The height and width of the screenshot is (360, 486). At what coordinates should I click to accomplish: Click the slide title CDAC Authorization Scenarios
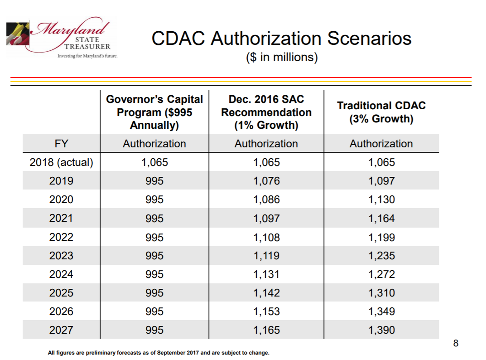point(281,38)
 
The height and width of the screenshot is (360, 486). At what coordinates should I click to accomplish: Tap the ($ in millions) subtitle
point(281,58)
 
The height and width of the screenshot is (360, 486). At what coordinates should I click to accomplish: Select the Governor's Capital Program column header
point(154,112)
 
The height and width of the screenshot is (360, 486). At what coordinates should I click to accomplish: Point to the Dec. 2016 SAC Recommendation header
point(266,112)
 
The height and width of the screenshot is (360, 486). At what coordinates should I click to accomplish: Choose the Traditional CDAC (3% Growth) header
point(381,112)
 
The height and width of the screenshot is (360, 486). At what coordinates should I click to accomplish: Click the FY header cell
point(61,144)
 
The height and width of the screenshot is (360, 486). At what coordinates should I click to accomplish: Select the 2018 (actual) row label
point(61,162)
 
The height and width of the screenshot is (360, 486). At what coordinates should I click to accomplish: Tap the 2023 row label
point(61,256)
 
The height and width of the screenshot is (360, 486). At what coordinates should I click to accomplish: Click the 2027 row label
point(61,330)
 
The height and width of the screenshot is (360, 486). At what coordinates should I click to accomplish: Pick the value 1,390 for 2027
point(381,330)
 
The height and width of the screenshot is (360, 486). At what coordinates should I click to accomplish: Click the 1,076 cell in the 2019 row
point(266,181)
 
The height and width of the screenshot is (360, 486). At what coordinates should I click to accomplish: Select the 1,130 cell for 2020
point(381,199)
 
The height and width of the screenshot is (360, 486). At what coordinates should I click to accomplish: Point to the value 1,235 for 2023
point(381,256)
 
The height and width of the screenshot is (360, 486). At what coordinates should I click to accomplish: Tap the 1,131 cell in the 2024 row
point(266,274)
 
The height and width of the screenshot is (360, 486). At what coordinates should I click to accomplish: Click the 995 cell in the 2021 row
point(154,219)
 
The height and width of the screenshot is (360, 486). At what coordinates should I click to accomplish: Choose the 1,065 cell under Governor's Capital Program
point(154,162)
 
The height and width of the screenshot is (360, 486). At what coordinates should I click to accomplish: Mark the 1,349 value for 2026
point(381,311)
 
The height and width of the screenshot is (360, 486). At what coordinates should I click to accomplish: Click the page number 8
point(456,343)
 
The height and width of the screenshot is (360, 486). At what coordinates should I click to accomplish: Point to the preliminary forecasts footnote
point(159,353)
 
